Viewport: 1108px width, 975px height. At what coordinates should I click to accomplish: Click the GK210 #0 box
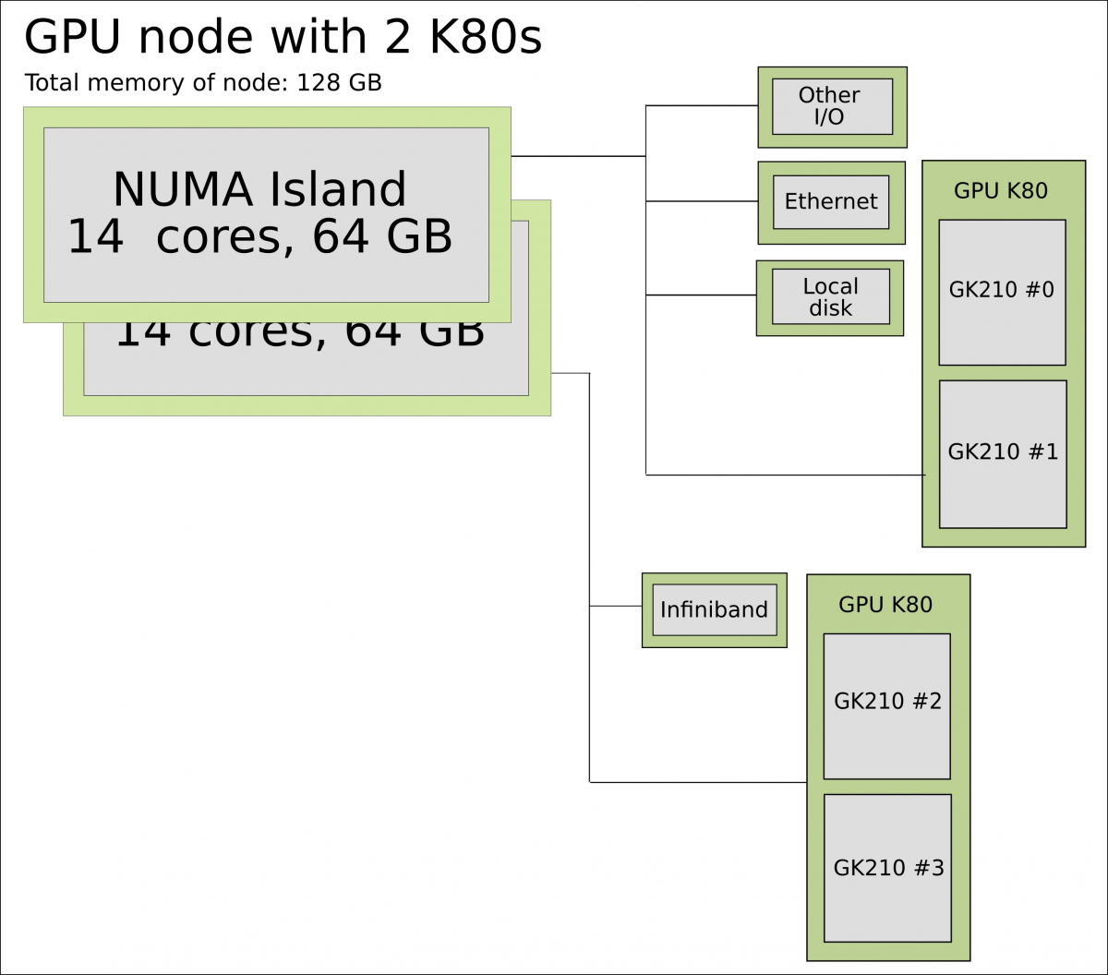coord(1002,292)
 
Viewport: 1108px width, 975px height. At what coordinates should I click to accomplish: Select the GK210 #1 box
coord(1003,453)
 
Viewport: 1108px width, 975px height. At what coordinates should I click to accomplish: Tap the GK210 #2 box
coord(886,705)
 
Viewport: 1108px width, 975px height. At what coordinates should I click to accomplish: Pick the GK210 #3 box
coord(887,868)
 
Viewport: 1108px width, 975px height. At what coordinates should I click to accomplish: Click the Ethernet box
coord(831,202)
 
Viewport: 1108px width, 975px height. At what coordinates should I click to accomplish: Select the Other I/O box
coord(832,106)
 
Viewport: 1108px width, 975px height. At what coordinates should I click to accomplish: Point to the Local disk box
coord(831,297)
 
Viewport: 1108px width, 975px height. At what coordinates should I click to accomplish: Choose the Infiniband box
coord(714,609)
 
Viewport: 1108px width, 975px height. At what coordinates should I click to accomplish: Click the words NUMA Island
coord(259,189)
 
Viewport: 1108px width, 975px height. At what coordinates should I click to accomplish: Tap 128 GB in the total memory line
coord(339,83)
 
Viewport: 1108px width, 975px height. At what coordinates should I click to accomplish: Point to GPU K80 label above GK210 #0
coord(1001,191)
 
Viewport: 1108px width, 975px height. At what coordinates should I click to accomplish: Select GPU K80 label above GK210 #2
coord(885,605)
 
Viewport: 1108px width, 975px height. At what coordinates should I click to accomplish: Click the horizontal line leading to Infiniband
coord(616,606)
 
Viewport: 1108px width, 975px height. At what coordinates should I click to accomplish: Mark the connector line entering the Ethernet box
coord(702,200)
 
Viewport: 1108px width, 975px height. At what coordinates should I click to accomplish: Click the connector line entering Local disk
coord(701,295)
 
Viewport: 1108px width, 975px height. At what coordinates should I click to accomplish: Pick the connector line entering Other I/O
coord(702,105)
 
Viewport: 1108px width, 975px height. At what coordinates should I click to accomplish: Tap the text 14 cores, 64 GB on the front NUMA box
coord(259,237)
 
